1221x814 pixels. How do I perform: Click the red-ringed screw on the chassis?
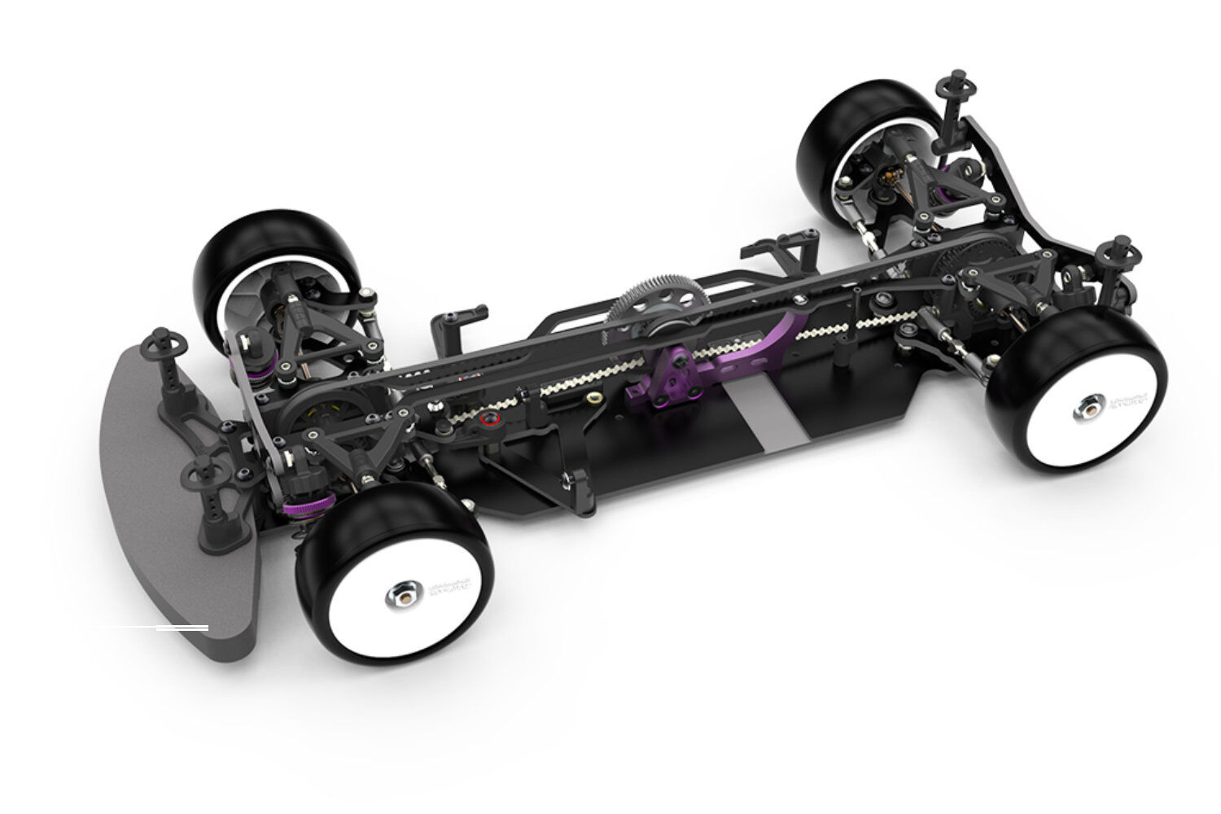(488, 420)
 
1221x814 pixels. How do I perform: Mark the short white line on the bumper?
(182, 628)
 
